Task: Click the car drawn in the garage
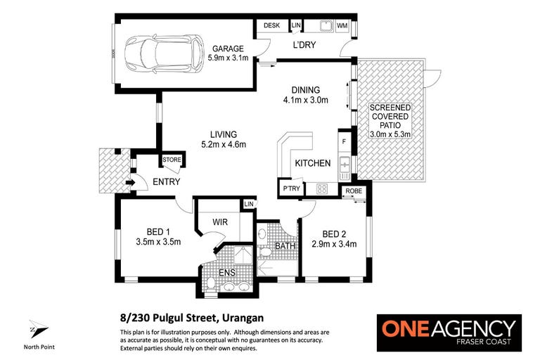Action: click(x=164, y=53)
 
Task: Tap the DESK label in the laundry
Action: click(x=271, y=25)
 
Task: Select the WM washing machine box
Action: click(x=342, y=26)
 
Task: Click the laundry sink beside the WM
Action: click(x=326, y=25)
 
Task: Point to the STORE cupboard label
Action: click(x=172, y=160)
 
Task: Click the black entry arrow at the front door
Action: click(x=131, y=182)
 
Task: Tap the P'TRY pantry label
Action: click(x=291, y=188)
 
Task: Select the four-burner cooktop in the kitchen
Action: click(x=322, y=188)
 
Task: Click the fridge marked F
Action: click(x=344, y=141)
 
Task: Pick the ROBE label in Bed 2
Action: click(x=354, y=191)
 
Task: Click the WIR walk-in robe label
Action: click(x=219, y=222)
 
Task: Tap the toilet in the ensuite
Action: click(x=211, y=283)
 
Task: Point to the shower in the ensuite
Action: click(x=243, y=255)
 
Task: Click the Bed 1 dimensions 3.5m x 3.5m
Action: click(x=158, y=242)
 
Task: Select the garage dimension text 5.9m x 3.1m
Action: click(x=228, y=58)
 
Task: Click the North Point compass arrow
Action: click(x=38, y=328)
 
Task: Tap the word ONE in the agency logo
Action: click(x=405, y=328)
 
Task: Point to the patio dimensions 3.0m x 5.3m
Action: click(x=390, y=134)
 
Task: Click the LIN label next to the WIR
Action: click(x=249, y=204)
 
